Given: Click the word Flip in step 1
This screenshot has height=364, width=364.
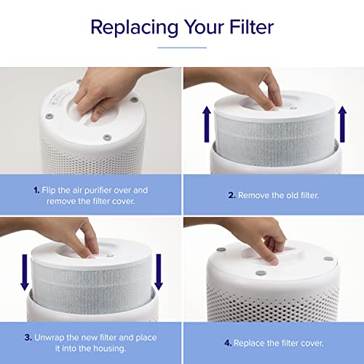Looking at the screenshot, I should tap(48, 190).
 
